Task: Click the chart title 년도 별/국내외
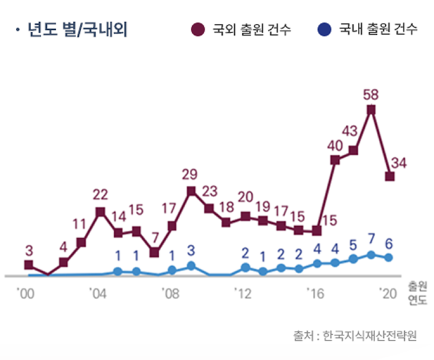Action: pyautogui.click(x=77, y=30)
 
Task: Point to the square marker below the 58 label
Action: pyautogui.click(x=371, y=110)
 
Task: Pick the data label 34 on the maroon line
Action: pyautogui.click(x=398, y=163)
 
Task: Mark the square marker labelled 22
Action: pyautogui.click(x=100, y=212)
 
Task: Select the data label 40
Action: pyautogui.click(x=335, y=145)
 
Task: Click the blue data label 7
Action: pyautogui.click(x=371, y=241)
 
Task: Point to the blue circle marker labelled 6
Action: pyautogui.click(x=389, y=257)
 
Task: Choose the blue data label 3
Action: pyautogui.click(x=190, y=250)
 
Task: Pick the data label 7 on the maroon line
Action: pyautogui.click(x=154, y=238)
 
